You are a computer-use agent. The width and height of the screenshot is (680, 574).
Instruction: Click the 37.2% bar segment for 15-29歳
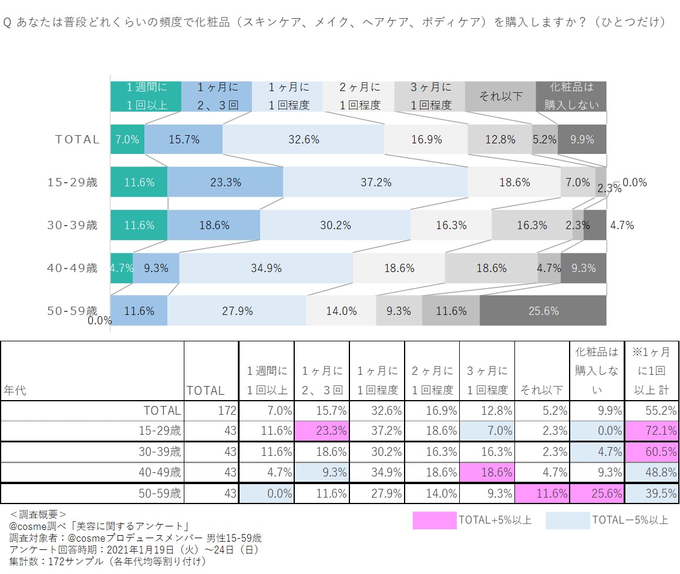375,182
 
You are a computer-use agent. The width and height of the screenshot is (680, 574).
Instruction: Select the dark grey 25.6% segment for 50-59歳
543,311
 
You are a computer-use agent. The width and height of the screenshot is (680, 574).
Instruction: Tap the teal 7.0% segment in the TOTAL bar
127,140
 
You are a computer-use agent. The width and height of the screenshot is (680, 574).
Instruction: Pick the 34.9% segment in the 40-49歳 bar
266,268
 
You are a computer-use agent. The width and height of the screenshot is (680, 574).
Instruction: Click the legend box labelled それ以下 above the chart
500,96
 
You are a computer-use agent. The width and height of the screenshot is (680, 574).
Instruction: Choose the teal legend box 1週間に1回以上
146,96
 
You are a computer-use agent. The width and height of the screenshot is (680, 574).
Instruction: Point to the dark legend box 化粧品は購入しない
571,96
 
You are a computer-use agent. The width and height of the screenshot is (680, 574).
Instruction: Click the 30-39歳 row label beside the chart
72,225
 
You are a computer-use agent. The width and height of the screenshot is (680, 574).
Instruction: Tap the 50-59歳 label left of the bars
72,310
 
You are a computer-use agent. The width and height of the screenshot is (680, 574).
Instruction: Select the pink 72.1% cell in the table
651,431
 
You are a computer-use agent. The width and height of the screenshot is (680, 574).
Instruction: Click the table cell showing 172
211,410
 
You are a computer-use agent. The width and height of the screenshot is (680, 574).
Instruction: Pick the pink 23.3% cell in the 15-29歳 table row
322,431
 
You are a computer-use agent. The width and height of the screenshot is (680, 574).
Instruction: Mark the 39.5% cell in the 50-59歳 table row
651,494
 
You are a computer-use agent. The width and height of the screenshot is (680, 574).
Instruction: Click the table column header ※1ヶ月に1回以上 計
651,371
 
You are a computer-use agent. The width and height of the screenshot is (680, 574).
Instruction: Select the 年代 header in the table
15,390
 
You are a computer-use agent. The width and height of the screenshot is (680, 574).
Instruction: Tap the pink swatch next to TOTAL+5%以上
434,520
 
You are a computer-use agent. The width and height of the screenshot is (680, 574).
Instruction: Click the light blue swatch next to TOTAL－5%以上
567,520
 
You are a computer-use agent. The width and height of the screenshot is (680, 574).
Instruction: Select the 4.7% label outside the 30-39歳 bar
622,225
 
